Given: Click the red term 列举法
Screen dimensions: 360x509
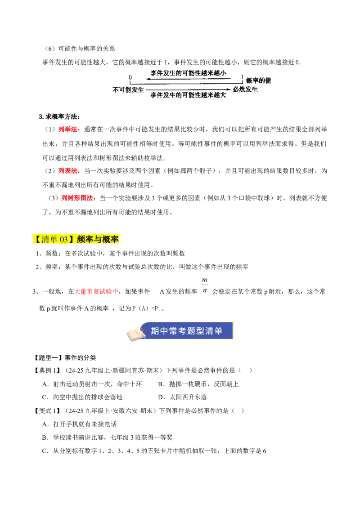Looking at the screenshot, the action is [x=67, y=129].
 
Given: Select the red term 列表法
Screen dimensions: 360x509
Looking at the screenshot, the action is [x=67, y=171].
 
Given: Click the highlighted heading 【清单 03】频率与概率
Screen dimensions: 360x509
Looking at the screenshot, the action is [x=76, y=239].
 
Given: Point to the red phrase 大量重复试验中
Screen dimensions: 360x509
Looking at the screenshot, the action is [x=96, y=291].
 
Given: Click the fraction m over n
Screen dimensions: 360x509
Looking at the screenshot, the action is [x=204, y=285].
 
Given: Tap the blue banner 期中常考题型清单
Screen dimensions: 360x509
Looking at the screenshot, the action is [x=186, y=331].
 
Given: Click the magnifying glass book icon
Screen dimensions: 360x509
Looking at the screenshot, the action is [x=136, y=333].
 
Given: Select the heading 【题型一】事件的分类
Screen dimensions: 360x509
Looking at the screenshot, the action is [x=65, y=358].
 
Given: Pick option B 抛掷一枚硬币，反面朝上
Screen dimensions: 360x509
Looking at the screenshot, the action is [x=198, y=384].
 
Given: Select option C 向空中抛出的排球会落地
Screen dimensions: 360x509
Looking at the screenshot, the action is [x=82, y=397].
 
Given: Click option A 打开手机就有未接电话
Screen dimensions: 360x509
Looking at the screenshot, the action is [x=79, y=424].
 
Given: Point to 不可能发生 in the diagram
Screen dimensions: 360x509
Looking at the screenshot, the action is [x=128, y=89].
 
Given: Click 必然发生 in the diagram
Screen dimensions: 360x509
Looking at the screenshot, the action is [x=245, y=89].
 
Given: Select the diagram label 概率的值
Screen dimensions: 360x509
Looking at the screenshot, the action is [x=259, y=80].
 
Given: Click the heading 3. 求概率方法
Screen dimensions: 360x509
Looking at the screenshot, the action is [x=59, y=116].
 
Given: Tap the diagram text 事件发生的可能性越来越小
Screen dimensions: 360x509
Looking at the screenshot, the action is [x=188, y=73].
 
